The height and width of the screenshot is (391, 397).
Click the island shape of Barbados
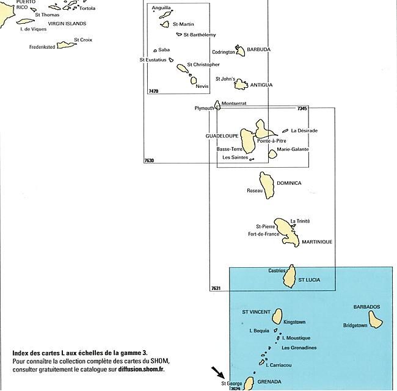375,320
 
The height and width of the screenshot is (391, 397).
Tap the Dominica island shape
267,185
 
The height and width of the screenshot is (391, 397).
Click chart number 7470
153,91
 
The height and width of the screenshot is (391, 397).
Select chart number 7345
302,109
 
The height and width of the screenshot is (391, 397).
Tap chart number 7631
216,288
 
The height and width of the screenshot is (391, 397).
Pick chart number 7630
149,160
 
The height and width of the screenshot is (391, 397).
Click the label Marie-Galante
293,149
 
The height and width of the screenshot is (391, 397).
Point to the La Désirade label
304,131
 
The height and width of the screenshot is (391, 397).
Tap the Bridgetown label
355,325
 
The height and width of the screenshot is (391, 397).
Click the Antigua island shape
241,85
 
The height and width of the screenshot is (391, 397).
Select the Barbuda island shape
240,51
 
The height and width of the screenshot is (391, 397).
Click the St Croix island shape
67,45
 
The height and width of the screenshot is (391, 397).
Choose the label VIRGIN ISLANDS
67,24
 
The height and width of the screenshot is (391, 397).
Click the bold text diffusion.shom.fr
141,369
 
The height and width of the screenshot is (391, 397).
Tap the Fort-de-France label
263,234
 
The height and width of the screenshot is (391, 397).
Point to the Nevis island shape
194,80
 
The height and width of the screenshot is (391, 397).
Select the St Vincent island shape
277,315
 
